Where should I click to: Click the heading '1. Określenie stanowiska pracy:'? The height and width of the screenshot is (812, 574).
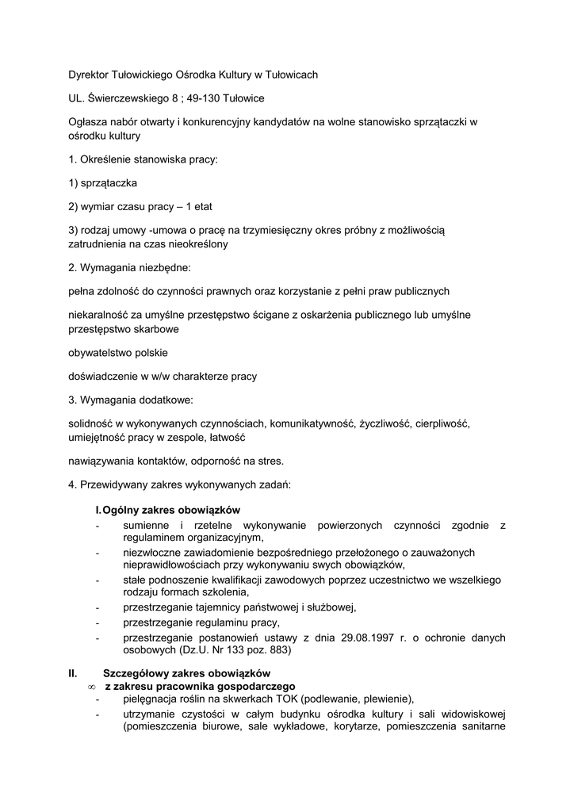tap(143, 159)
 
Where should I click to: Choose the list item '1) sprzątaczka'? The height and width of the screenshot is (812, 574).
tap(103, 183)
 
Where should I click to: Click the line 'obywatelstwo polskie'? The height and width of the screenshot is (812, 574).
tap(118, 352)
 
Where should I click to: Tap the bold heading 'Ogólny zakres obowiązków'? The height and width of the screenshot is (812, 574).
tap(171, 509)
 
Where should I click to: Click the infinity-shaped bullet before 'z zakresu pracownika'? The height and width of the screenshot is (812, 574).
tap(92, 686)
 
